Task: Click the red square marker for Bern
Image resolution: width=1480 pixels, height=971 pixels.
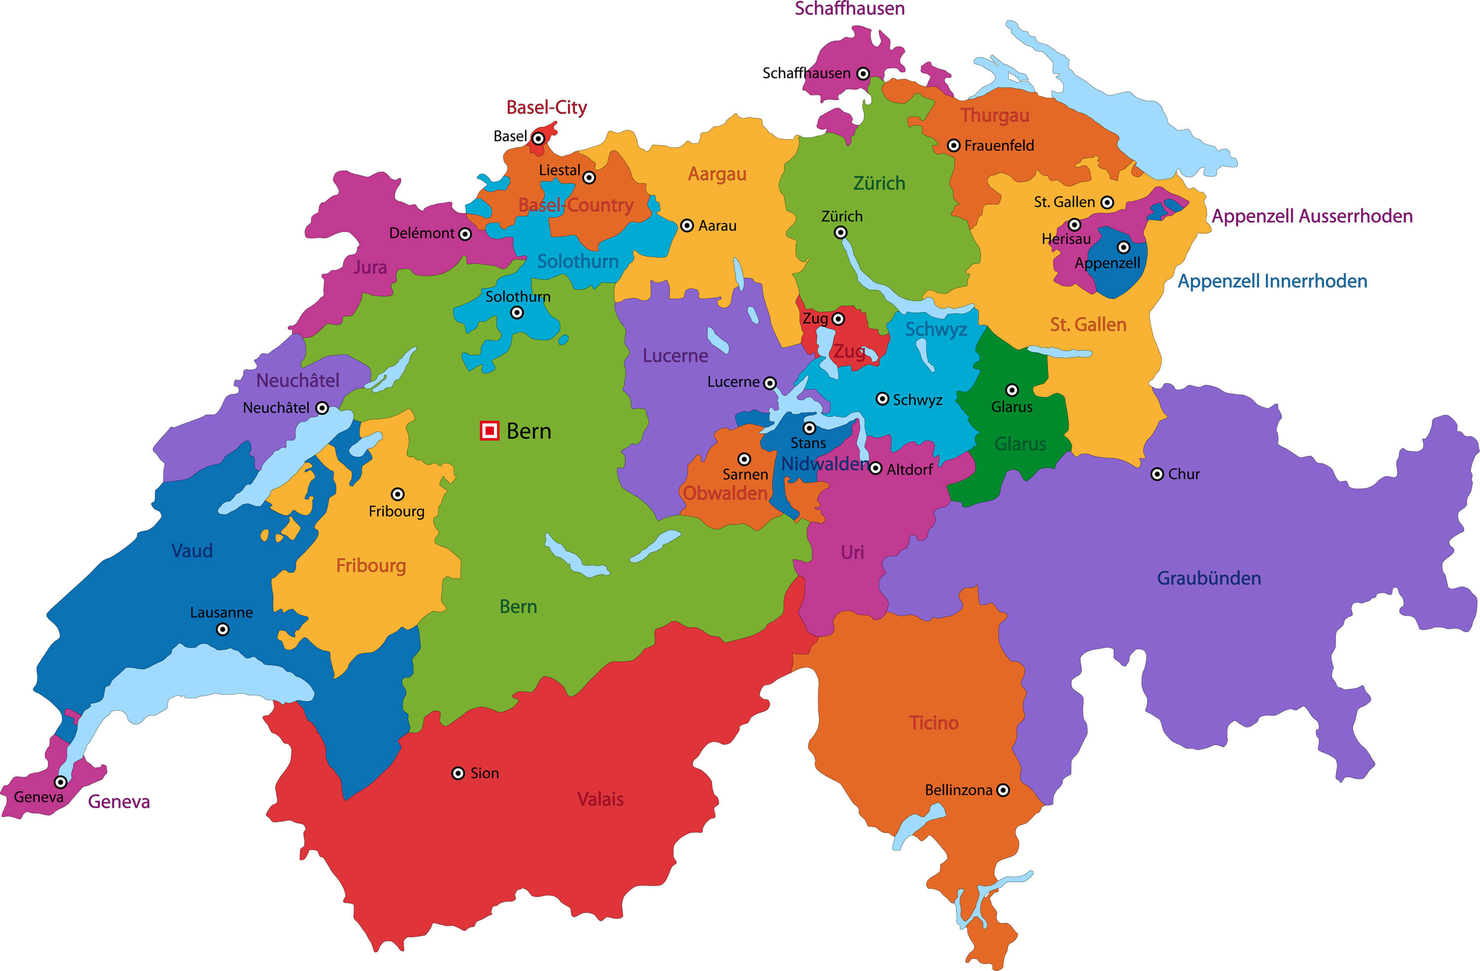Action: pyautogui.click(x=489, y=430)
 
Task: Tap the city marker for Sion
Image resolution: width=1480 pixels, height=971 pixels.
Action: pyautogui.click(x=458, y=773)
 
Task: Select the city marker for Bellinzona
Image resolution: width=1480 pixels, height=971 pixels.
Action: pyautogui.click(x=1003, y=790)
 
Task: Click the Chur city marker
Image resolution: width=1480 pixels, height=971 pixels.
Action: pyautogui.click(x=1157, y=474)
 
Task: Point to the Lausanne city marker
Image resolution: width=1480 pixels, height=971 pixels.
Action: pyautogui.click(x=222, y=630)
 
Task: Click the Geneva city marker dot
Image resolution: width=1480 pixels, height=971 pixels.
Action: pyautogui.click(x=60, y=782)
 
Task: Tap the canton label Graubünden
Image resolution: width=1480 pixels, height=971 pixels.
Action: pyautogui.click(x=1208, y=578)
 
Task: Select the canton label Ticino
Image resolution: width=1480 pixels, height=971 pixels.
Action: pyautogui.click(x=933, y=723)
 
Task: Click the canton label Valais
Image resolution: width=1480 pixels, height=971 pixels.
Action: pyautogui.click(x=600, y=799)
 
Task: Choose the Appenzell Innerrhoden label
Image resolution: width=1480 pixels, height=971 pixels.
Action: pyautogui.click(x=1272, y=281)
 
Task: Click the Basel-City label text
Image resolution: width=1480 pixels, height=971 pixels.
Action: pyautogui.click(x=546, y=108)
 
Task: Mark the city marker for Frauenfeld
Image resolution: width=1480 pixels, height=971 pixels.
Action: pyautogui.click(x=953, y=145)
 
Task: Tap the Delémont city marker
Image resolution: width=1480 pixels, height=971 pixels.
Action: pyautogui.click(x=465, y=234)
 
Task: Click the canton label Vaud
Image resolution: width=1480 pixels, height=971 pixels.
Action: pyautogui.click(x=191, y=551)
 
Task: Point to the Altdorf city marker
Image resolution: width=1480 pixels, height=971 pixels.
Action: pyautogui.click(x=875, y=468)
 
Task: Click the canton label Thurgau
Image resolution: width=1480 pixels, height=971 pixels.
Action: pyautogui.click(x=995, y=115)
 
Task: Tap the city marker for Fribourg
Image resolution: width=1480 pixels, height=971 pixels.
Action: pyautogui.click(x=397, y=494)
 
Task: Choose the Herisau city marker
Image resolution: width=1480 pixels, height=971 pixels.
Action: pyautogui.click(x=1074, y=224)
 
